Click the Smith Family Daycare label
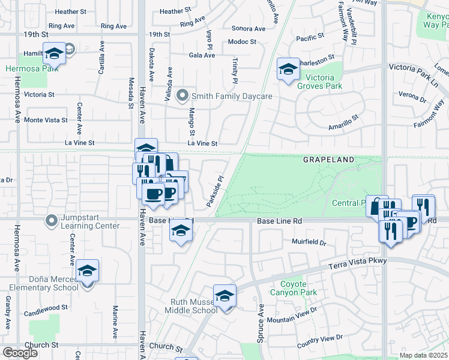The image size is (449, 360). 232,96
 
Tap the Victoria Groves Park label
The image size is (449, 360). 321,81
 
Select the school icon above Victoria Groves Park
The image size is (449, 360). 288,69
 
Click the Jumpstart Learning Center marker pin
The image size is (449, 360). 52,222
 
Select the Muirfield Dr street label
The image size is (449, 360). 309,243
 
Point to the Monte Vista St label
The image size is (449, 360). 46,120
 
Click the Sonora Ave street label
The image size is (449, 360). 248,28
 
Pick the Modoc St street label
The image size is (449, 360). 242,42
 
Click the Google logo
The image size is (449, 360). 20,353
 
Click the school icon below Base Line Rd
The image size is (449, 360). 180,231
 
